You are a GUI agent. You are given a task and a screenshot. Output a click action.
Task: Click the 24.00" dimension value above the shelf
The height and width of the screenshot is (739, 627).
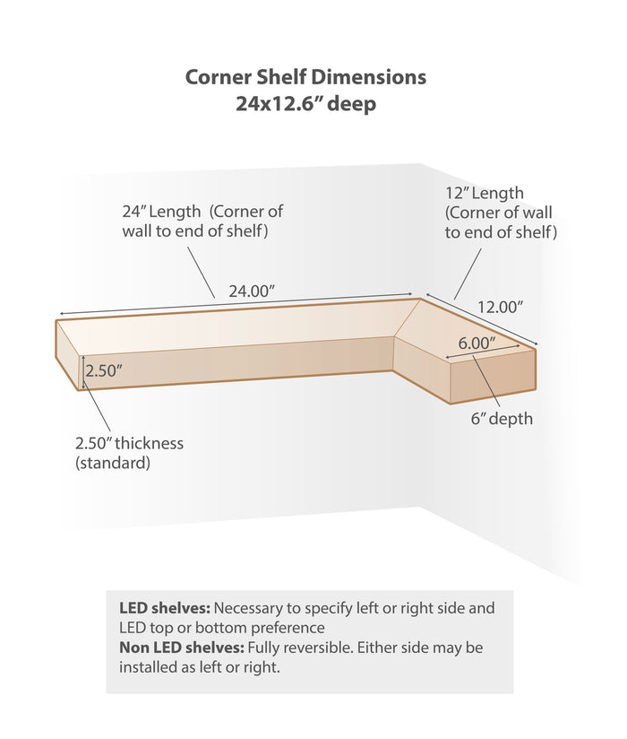252,291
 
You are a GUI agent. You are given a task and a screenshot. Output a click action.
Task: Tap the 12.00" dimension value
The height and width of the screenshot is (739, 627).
501,307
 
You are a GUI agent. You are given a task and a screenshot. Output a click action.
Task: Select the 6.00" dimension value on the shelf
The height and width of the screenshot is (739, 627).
477,343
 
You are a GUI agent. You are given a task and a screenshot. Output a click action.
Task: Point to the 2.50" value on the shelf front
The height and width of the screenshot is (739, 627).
104,370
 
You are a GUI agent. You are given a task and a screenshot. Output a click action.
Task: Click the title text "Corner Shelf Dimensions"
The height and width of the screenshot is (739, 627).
305,76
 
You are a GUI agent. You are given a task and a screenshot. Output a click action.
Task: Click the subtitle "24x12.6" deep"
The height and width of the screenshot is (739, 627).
306,103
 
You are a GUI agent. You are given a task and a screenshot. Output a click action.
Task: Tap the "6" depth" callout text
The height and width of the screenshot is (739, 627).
502,419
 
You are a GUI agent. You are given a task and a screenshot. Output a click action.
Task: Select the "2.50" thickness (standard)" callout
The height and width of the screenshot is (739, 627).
130,453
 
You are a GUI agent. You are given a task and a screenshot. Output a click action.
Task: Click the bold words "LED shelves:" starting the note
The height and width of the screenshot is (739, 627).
165,607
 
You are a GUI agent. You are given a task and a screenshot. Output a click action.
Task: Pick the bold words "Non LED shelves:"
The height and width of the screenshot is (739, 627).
182,648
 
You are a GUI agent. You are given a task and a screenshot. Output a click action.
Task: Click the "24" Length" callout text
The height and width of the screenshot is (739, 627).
161,211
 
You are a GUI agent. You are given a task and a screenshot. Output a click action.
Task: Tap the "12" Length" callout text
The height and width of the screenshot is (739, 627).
485,193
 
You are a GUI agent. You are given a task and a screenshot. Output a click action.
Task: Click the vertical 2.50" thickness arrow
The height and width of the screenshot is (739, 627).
83,372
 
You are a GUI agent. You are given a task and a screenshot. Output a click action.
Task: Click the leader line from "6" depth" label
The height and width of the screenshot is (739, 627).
486,382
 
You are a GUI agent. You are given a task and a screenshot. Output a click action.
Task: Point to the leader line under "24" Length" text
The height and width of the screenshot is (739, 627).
202,273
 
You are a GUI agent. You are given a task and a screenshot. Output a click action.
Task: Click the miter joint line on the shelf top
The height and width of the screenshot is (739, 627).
408,317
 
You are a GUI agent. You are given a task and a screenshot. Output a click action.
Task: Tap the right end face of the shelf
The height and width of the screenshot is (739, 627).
493,377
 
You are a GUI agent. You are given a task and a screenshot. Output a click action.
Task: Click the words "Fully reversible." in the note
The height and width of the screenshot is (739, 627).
300,648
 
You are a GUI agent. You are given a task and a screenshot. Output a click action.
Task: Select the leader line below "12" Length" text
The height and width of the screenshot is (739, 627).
468,274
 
